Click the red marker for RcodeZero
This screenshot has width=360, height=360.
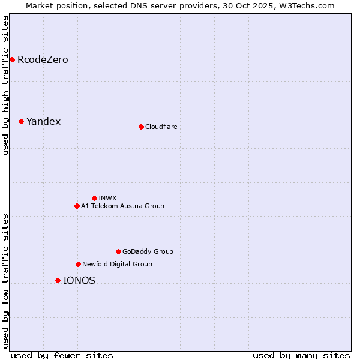pyautogui.click(x=12, y=59)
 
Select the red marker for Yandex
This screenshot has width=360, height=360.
pyautogui.click(x=21, y=121)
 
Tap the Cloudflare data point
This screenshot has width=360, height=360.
pyautogui.click(x=141, y=127)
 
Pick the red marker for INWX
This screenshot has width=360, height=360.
pyautogui.click(x=94, y=198)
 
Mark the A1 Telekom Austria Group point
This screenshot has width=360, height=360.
pyautogui.click(x=77, y=206)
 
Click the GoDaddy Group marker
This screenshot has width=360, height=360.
pyautogui.click(x=118, y=251)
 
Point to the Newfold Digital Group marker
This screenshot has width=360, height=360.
pyautogui.click(x=78, y=264)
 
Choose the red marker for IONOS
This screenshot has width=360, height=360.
pyautogui.click(x=58, y=280)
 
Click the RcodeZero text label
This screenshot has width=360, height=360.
pyautogui.click(x=43, y=60)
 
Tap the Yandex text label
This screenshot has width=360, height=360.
pyautogui.click(x=43, y=122)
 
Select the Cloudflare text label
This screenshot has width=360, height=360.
pyautogui.click(x=161, y=127)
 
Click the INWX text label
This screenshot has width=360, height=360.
pyautogui.click(x=107, y=199)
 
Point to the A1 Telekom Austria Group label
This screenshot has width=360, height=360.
pyautogui.click(x=122, y=206)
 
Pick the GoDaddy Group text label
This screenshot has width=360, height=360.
pyautogui.click(x=147, y=252)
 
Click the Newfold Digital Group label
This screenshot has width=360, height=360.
pyautogui.click(x=117, y=265)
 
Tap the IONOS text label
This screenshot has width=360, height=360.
pyautogui.click(x=79, y=281)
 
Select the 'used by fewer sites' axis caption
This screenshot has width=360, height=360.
pyautogui.click(x=62, y=355)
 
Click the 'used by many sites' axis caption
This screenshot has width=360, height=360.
pyautogui.click(x=301, y=355)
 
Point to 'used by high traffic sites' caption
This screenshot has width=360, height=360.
pyautogui.click(x=6, y=85)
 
